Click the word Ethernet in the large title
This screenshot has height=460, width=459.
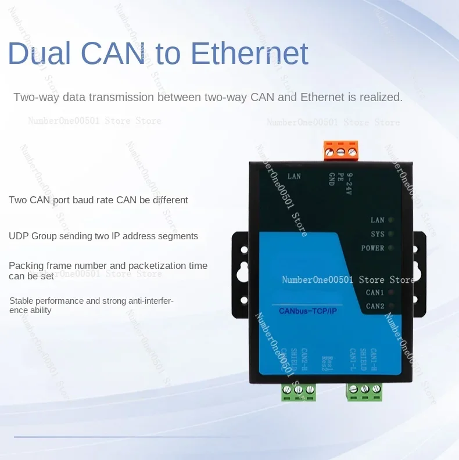coord(249,53)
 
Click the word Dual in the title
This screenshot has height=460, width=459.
coord(40,53)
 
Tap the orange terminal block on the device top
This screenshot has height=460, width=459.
coord(341,150)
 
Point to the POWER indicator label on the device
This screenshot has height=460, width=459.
coord(372,248)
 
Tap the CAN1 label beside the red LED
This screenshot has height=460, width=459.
coord(375,292)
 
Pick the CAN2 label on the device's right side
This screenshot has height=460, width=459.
coord(375,306)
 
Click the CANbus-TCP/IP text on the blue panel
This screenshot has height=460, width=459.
coord(308,311)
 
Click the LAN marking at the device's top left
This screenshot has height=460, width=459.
coord(294,176)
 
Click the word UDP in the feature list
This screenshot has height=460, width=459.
coord(19,236)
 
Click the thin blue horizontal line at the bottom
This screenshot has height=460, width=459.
coord(122,437)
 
